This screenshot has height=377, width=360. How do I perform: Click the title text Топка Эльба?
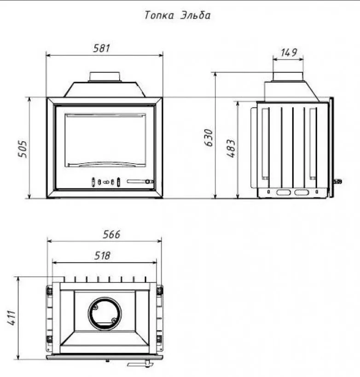177,15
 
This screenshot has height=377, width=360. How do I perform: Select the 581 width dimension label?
102,48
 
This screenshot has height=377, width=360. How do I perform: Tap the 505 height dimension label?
23,149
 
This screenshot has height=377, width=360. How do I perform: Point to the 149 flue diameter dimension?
288,52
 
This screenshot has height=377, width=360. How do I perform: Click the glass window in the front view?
105,140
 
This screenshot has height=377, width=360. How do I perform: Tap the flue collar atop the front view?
105,77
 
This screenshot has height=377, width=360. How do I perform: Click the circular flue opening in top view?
105,314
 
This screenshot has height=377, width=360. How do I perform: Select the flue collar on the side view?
288,76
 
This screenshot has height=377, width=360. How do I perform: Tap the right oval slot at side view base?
302,192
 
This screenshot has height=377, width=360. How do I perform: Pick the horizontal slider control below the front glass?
140,182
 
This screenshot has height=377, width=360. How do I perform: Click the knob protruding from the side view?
337,182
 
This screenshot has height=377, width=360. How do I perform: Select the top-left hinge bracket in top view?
49,291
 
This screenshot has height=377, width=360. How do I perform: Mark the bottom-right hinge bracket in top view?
160,339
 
